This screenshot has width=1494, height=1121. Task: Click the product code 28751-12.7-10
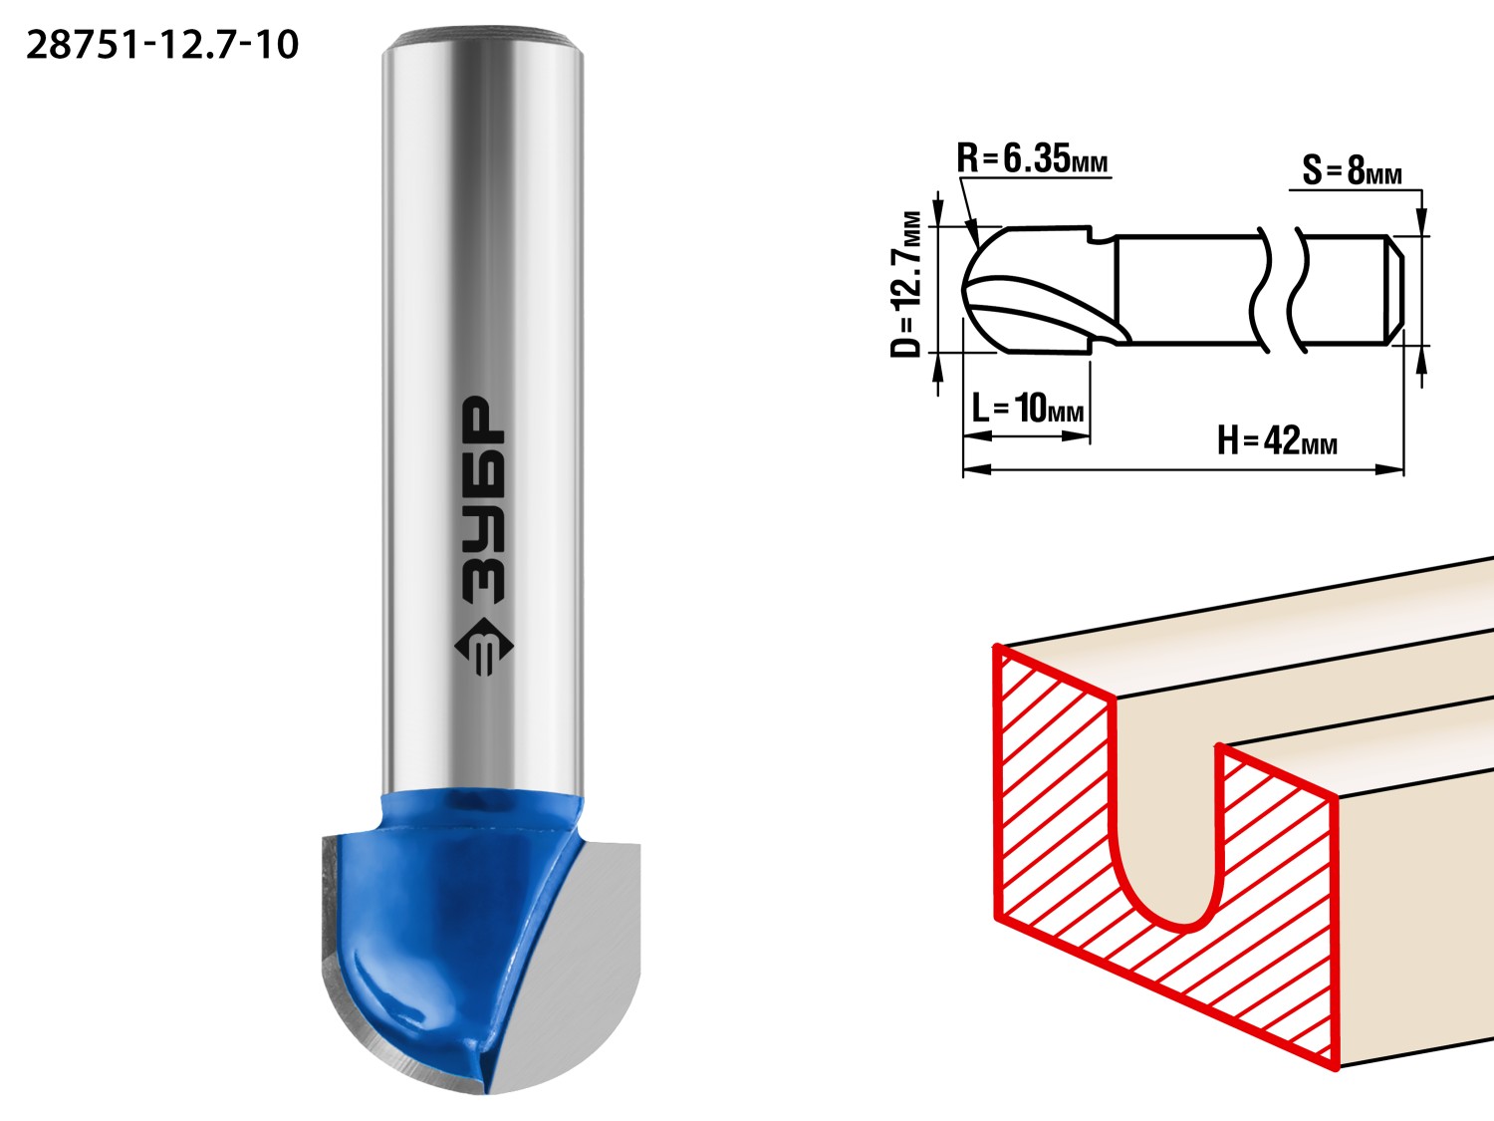click(x=162, y=46)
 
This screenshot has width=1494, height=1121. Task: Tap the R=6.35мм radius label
click(x=1033, y=158)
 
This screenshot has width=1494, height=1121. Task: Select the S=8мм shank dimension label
click(x=1353, y=170)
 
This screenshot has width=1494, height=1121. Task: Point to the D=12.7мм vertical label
click(x=906, y=284)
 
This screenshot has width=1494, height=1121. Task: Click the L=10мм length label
click(x=1028, y=409)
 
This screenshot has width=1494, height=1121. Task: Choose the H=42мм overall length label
click(x=1278, y=440)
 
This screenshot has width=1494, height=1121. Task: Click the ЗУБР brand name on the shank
click(x=483, y=500)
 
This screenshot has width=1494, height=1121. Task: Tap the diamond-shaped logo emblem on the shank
click(x=484, y=648)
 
